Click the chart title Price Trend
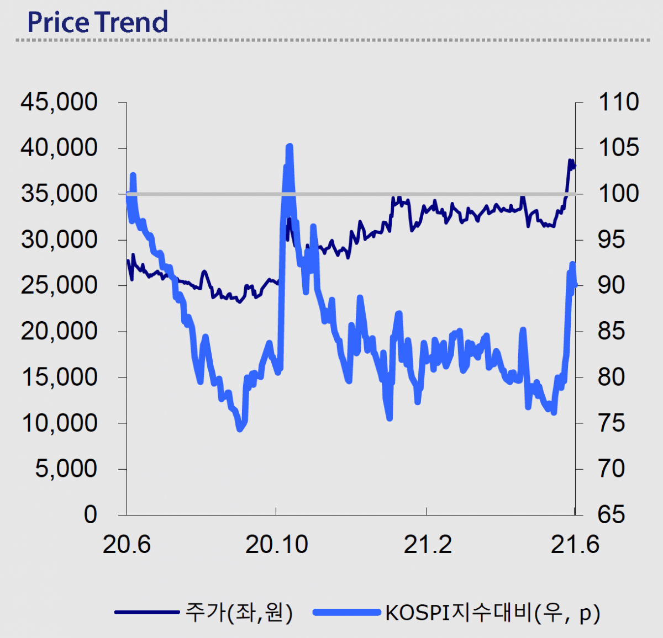(97, 22)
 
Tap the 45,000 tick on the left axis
(59, 102)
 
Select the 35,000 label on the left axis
(59, 194)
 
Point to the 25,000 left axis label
(59, 285)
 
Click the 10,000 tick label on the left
(59, 423)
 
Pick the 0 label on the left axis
(90, 514)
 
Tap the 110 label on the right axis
(619, 102)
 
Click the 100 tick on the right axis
(619, 194)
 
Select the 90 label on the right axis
(612, 285)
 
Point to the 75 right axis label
(612, 423)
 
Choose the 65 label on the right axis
(612, 514)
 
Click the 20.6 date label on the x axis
(127, 545)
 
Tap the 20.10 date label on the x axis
(276, 545)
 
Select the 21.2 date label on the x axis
(427, 545)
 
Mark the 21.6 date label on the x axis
(575, 545)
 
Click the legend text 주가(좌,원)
(239, 612)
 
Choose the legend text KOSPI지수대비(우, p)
(492, 613)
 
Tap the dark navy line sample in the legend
(147, 612)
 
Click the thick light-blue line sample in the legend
(346, 612)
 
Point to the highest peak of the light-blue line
(289, 147)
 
